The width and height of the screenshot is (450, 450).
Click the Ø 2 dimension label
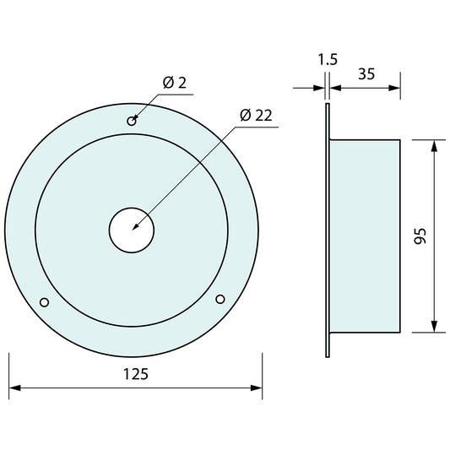click(x=175, y=83)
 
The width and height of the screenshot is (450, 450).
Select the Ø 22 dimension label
click(x=256, y=115)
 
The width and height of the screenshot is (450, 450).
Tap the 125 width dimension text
click(x=136, y=374)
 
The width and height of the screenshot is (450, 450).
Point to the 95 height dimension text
click(x=420, y=236)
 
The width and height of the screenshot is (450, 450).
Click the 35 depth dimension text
click(x=366, y=73)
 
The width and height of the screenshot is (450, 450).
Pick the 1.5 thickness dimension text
click(x=328, y=59)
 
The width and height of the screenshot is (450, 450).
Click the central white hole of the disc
click(x=132, y=230)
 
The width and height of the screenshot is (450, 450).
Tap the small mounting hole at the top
click(x=132, y=121)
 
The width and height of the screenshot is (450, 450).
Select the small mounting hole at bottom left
click(x=44, y=302)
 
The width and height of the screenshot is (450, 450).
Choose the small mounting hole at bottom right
click(x=220, y=299)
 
